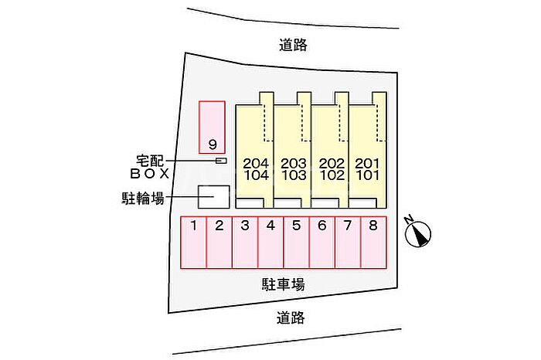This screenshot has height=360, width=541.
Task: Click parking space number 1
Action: tap(193, 243)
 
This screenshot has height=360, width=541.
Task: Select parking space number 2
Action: tap(219, 243)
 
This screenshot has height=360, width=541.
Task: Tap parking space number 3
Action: tap(245, 243)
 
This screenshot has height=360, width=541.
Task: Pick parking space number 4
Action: tap(270, 243)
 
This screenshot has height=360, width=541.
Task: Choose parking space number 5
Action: tap(296, 243)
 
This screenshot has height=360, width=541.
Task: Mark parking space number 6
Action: tap(322, 243)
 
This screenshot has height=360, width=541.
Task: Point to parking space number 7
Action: tap(348, 243)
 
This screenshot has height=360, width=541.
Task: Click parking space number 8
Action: tap(373, 243)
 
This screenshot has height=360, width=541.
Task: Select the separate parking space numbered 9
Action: tap(213, 127)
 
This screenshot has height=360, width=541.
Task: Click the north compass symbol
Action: tap(418, 233)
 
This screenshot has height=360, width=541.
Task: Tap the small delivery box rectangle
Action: tap(221, 161)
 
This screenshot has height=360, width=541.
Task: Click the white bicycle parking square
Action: tap(214, 197)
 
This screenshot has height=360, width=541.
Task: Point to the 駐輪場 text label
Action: tap(142, 198)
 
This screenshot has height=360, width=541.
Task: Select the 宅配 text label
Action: tap(150, 161)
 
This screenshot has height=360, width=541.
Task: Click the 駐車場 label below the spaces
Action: tap(284, 285)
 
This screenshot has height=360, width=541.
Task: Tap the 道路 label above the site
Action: tap(293, 45)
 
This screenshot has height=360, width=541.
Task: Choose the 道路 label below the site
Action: tap(291, 318)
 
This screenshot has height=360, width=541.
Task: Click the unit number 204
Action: tap(256, 163)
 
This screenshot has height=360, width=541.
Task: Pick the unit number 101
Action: tap(368, 175)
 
